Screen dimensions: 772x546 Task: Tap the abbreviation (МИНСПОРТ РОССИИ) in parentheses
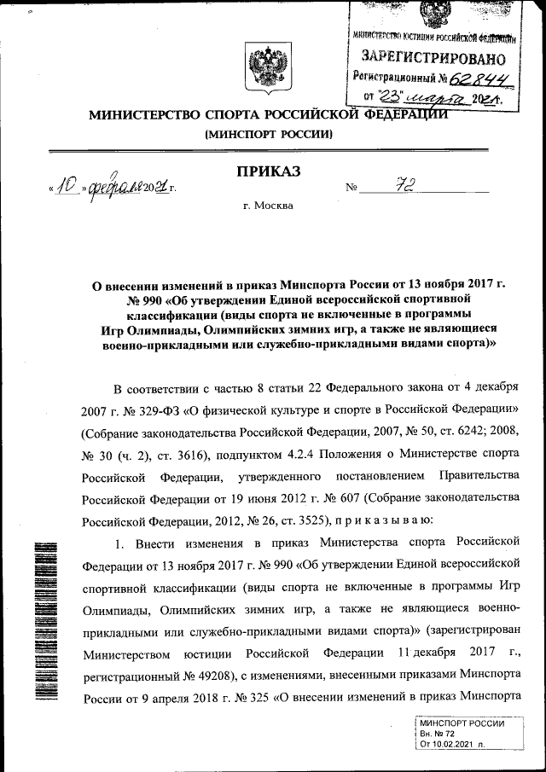click(x=268, y=135)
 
